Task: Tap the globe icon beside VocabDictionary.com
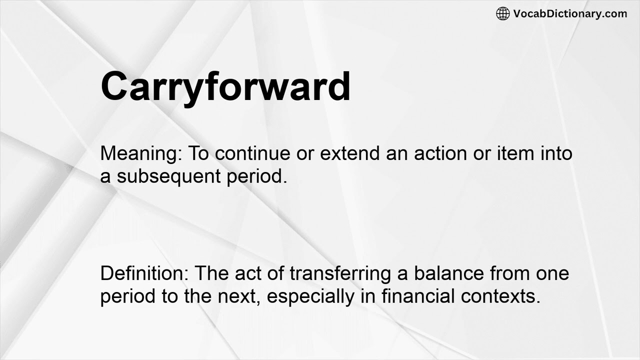502,13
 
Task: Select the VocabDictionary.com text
570,13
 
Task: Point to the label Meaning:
141,153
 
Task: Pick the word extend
350,153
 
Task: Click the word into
556,153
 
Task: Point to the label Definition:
144,273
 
